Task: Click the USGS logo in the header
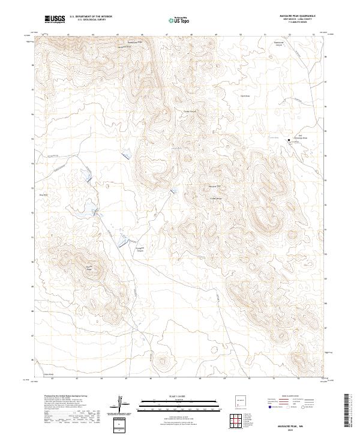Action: (x=55, y=19)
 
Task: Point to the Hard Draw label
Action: (x=244, y=95)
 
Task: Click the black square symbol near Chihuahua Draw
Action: (x=289, y=140)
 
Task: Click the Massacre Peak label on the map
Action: (x=214, y=185)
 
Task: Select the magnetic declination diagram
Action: (x=121, y=404)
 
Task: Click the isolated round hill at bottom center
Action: (x=162, y=362)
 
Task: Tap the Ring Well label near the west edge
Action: (x=43, y=194)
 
